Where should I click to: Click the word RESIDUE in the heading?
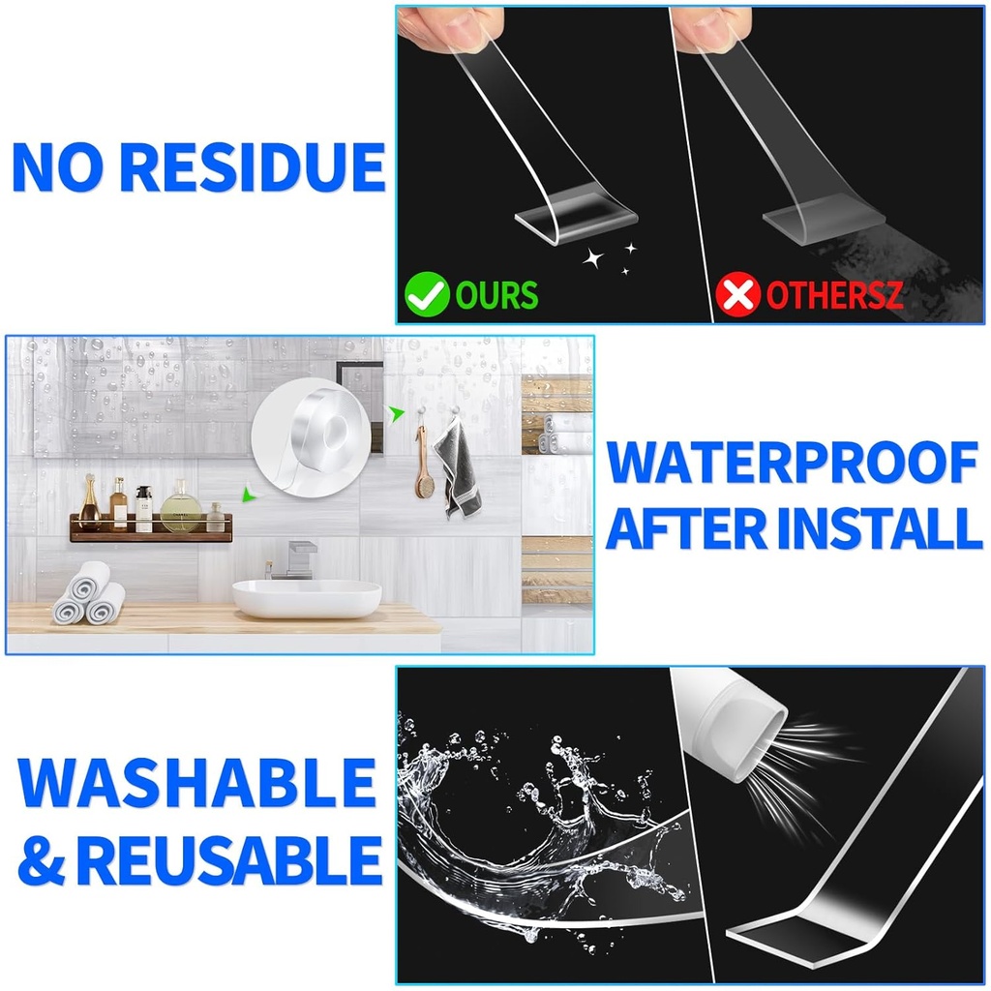[x=253, y=166]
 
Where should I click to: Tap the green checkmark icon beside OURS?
[x=427, y=294]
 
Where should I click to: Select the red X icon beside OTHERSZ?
[x=737, y=294]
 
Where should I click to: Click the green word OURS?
[x=496, y=294]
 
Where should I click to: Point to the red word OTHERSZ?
[x=834, y=295]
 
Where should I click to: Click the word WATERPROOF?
[x=793, y=464]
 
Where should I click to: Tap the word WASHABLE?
[x=196, y=782]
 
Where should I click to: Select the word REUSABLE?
[x=228, y=859]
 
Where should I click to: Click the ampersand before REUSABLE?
[x=41, y=860]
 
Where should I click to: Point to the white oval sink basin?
[x=307, y=598]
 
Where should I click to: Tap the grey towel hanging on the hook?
[x=457, y=467]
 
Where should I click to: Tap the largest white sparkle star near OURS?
[x=593, y=258]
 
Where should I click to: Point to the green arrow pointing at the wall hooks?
[x=396, y=413]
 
